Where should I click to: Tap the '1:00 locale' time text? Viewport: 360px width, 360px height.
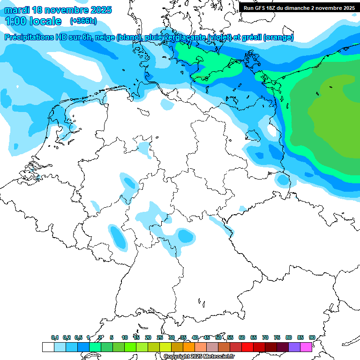tap(33, 21)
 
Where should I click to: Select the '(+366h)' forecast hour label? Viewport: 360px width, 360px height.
tap(83, 21)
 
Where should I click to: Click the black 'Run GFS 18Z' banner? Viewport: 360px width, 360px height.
tap(299, 7)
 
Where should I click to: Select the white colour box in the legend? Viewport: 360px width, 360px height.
tap(48, 347)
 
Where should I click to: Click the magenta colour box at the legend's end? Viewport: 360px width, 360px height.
tap(306, 347)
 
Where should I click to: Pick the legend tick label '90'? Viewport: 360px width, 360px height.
tap(312, 337)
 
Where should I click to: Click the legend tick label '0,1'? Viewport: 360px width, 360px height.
tap(55, 337)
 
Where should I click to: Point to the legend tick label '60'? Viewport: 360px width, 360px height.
tap(242, 337)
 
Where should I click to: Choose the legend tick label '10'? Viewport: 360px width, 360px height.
tap(125, 337)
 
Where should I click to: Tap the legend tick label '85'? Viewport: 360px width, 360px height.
tap(300, 337)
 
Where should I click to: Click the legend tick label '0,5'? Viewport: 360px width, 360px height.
tap(78, 337)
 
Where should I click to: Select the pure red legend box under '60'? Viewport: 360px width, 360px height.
tap(247, 347)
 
